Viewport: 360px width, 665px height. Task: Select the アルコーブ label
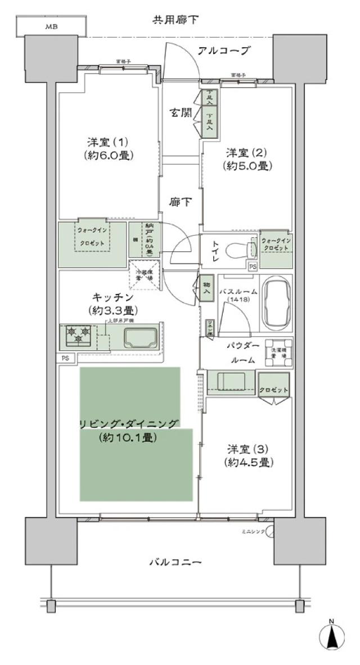pos(223,51)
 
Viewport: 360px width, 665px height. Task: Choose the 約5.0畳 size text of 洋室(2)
pos(247,166)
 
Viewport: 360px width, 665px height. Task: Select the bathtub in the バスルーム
pos(277,304)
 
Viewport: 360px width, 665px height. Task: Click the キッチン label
pos(113,296)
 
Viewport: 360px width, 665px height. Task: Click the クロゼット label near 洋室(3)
pos(274,390)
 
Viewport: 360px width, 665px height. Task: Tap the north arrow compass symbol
pos(331,636)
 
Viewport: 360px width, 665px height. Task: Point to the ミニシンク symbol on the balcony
pos(270,531)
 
